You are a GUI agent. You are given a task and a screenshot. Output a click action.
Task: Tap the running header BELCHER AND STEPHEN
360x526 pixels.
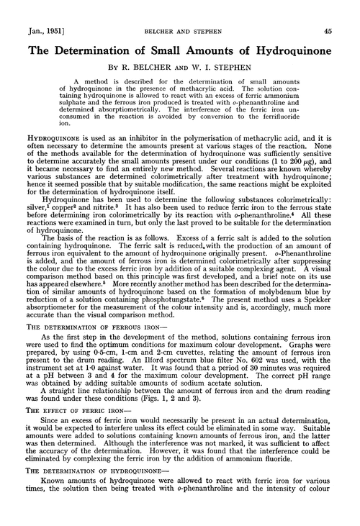[x=179, y=9]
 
